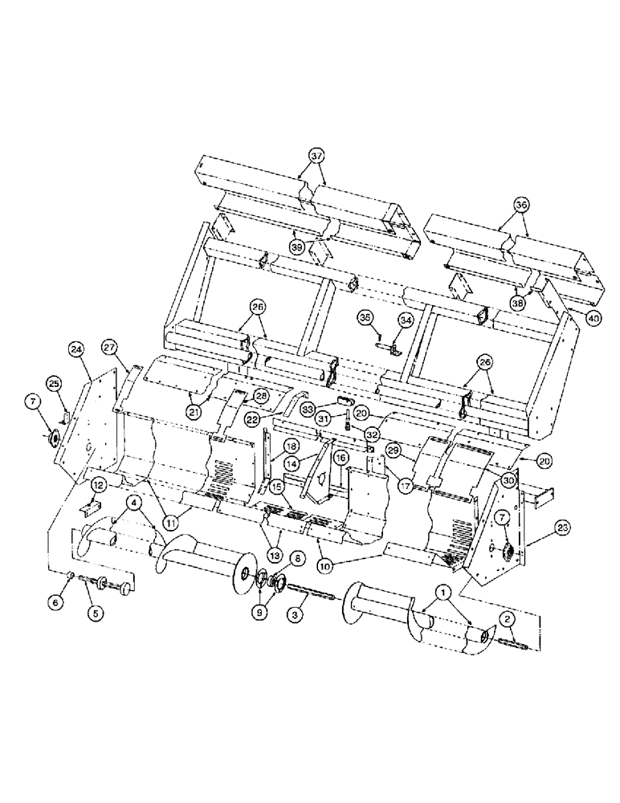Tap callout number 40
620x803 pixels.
click(x=593, y=319)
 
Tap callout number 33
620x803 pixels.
click(x=308, y=409)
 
